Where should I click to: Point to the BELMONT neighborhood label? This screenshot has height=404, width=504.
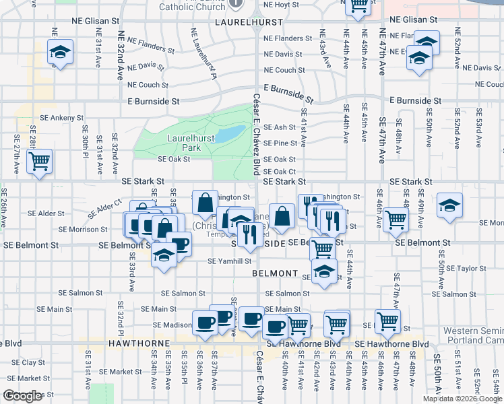pyautogui.click(x=275, y=273)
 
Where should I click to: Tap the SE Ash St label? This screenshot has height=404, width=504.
pyautogui.click(x=280, y=127)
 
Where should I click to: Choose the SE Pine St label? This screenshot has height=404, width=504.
pyautogui.click(x=280, y=143)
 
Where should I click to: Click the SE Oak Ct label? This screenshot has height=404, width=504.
pyautogui.click(x=280, y=172)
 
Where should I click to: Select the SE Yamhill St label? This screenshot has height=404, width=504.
pyautogui.click(x=229, y=261)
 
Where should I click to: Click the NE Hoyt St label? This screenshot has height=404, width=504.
pyautogui.click(x=281, y=5)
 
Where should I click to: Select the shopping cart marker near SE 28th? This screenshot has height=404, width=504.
pyautogui.click(x=40, y=162)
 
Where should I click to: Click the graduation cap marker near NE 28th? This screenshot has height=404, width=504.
pyautogui.click(x=59, y=52)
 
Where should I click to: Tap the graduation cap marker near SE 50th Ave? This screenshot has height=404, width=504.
pyautogui.click(x=449, y=205)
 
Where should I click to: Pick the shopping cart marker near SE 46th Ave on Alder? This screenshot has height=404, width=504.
pyautogui.click(x=396, y=219)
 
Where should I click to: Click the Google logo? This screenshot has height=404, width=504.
pyautogui.click(x=22, y=396)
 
